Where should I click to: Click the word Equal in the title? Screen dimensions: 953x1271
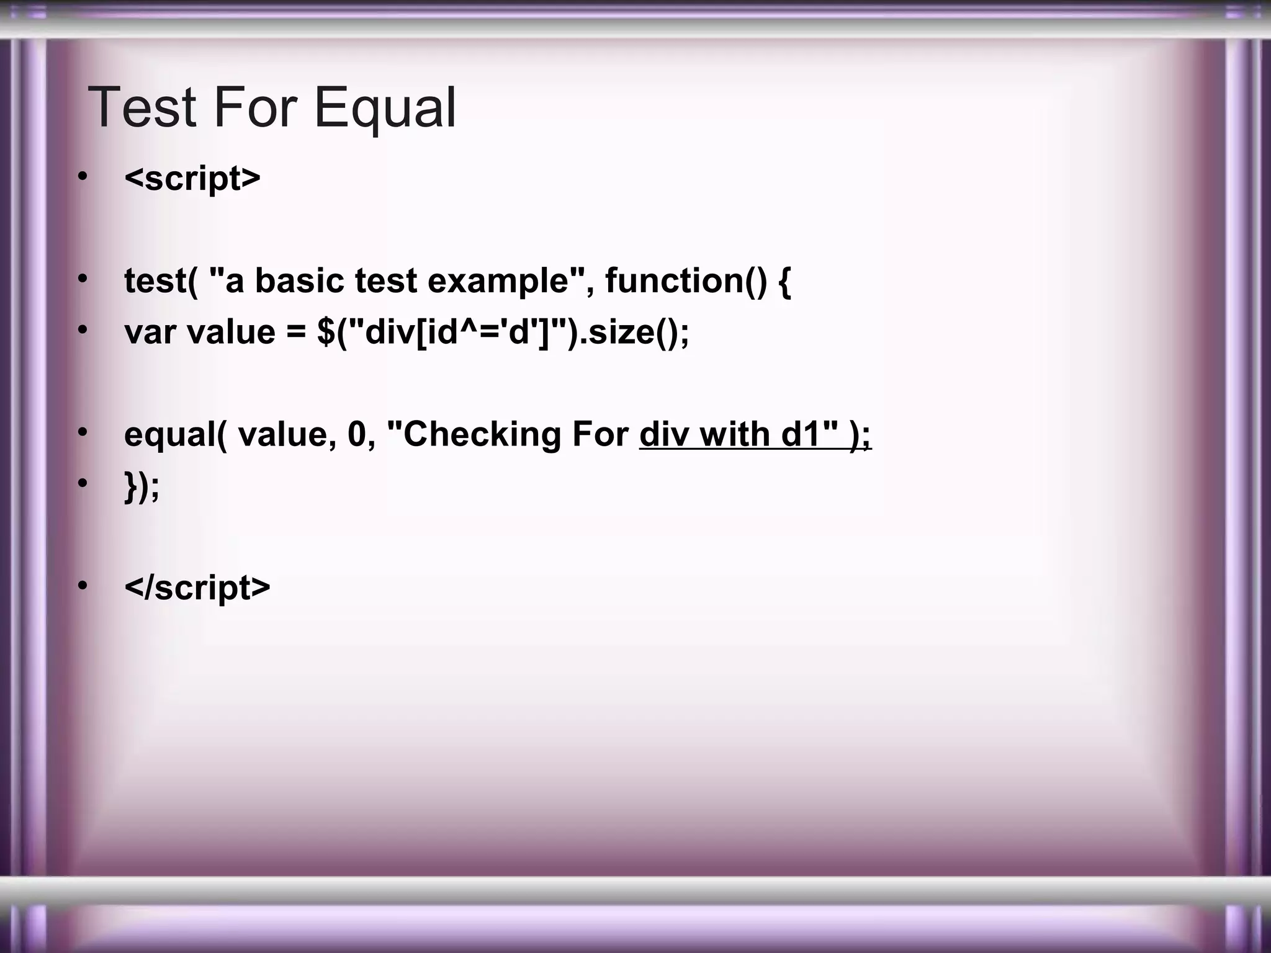coord(385,107)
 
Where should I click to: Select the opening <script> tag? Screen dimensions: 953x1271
coord(192,179)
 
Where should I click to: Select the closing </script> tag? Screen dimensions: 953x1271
coord(197,587)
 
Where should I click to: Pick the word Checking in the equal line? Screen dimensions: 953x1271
coord(482,434)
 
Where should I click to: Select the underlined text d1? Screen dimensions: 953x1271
coord(801,434)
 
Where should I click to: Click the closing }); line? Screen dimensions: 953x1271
coord(142,485)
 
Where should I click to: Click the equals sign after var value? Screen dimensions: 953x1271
coord(296,333)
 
